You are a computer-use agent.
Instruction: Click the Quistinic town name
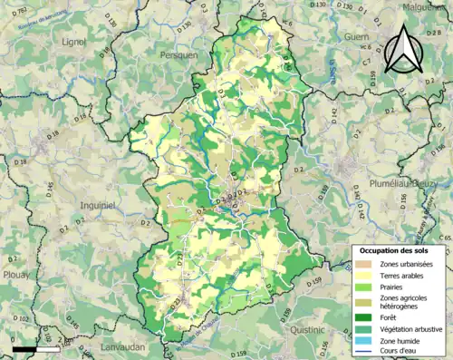pos(307,331)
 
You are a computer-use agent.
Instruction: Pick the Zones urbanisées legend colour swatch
pos(367,263)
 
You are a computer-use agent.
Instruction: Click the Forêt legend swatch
pos(367,316)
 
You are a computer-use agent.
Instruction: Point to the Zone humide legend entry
pos(404,340)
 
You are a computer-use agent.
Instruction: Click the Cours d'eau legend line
pos(367,352)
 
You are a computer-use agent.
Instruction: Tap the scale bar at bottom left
pos(36,348)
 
